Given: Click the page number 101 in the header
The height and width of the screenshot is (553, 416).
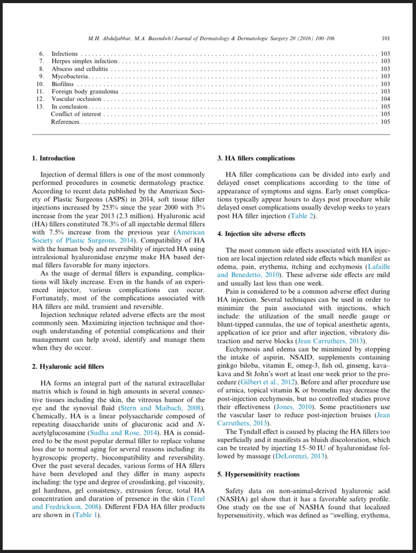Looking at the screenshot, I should tap(385, 39).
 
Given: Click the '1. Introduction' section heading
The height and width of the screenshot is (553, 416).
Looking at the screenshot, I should tap(53, 158).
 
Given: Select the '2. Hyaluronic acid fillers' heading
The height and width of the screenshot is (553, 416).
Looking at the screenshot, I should tap(68, 367).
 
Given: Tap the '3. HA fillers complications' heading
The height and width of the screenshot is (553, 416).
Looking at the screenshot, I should tap(256, 158).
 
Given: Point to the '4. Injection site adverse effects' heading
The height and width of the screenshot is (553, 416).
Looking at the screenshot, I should tap(261, 234).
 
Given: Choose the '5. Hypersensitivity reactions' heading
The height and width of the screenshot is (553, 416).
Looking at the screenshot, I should tap(258, 474).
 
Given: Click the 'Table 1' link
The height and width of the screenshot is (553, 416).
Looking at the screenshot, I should tap(86, 515).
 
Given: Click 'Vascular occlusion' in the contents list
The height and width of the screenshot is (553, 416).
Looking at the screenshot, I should tap(76, 99).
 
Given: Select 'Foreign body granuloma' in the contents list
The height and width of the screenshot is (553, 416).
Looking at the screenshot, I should tap(85, 92).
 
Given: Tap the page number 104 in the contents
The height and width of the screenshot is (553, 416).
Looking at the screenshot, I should tap(385, 99).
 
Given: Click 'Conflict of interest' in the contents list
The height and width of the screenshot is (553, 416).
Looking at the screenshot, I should tap(76, 114).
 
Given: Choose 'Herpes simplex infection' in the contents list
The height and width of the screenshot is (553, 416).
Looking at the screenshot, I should tap(84, 62).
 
